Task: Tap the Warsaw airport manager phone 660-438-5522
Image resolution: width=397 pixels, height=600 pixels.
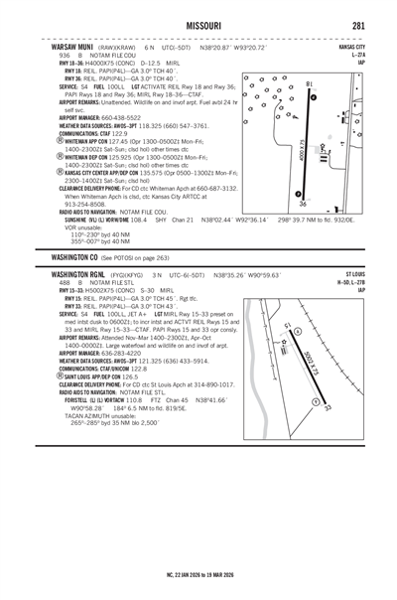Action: [125, 115]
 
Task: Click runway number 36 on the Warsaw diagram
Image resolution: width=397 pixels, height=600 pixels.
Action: [303, 205]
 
